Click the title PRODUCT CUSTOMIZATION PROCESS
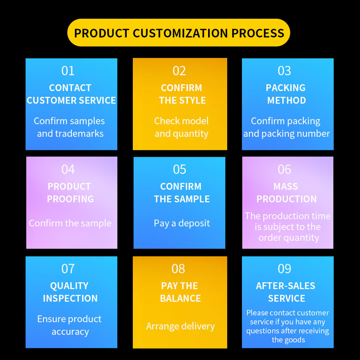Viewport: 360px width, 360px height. point(179,33)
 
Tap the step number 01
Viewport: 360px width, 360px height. point(68,71)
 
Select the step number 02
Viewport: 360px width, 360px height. point(179,71)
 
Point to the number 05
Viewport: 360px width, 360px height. point(179,169)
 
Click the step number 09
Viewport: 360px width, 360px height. point(284,268)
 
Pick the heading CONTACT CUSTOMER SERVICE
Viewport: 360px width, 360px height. point(71,94)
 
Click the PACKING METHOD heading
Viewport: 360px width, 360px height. point(286,94)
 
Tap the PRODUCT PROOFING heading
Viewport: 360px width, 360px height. point(70,193)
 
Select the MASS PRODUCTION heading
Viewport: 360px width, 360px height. point(286,193)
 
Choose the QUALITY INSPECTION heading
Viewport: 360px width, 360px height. point(70,292)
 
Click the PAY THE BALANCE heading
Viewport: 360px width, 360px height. point(180,292)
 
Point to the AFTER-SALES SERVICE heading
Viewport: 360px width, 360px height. point(286,292)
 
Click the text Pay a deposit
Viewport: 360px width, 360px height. point(182,223)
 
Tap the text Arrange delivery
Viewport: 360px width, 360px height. point(180,326)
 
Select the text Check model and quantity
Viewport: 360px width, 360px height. point(181,127)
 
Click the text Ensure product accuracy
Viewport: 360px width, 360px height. point(70,325)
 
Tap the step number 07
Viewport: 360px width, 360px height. point(68,268)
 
